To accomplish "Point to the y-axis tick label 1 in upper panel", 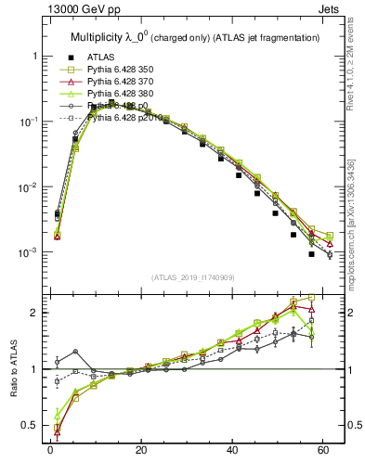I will coord(34,57).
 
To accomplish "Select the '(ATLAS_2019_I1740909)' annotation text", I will coord(192,278).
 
